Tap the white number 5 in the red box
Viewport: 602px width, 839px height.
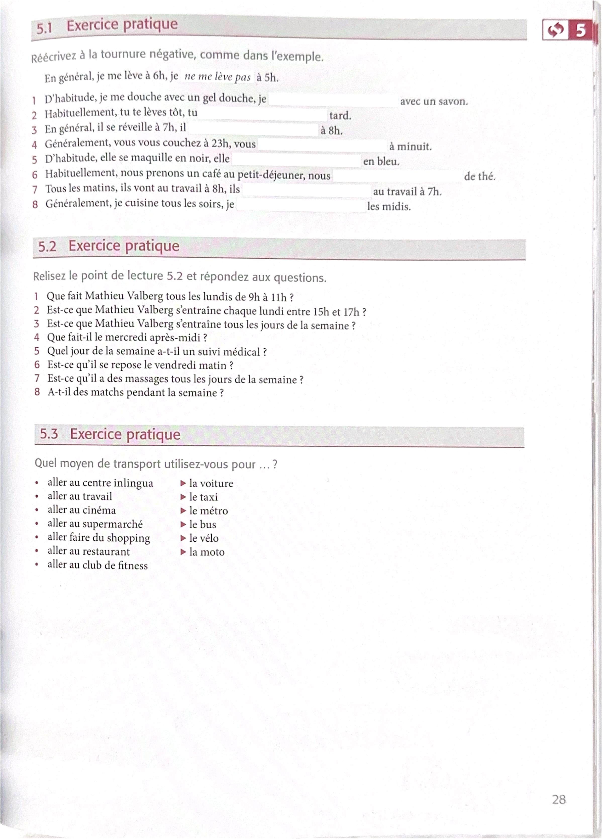coord(580,30)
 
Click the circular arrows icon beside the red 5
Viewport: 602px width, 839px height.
coord(555,30)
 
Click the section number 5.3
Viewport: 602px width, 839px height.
coord(49,434)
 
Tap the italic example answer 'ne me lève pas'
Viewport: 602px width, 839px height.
coord(217,77)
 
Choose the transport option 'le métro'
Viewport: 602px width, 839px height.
coord(208,511)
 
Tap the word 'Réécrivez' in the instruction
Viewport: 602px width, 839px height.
coord(54,58)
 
